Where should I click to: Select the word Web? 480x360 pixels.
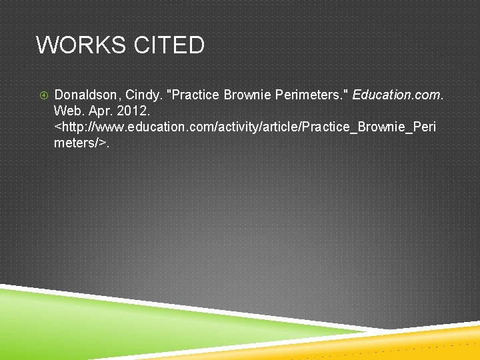67,110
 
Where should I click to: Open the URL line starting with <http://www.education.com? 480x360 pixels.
245,126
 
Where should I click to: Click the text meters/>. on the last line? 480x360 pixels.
82,142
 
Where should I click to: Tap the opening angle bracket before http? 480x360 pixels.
57,127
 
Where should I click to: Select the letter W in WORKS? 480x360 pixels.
45,45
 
